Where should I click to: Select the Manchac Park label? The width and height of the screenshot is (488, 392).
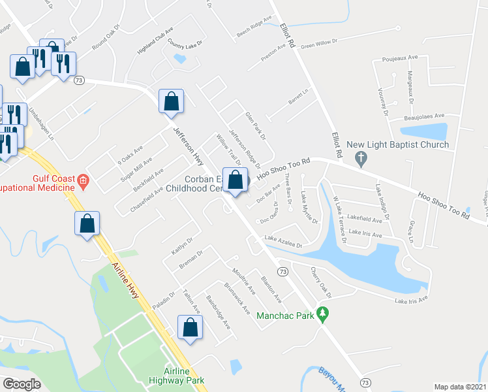(x=286, y=315)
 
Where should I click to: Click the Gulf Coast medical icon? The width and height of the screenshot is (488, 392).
(x=82, y=180)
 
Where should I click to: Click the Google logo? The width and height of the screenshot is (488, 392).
(x=22, y=384)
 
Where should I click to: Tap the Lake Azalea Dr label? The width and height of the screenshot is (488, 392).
(x=283, y=242)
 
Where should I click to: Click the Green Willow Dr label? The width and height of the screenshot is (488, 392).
(x=318, y=43)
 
